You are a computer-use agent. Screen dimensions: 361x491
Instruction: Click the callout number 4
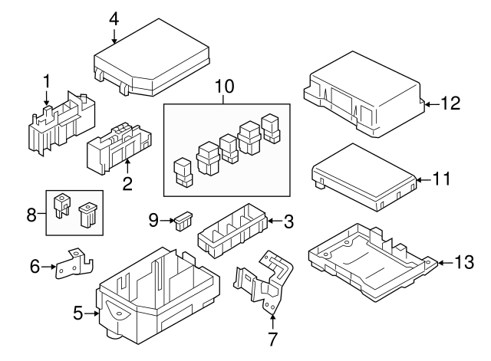(114, 16)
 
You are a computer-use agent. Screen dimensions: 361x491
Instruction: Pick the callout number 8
(32, 212)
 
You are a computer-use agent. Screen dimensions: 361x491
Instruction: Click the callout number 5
(77, 313)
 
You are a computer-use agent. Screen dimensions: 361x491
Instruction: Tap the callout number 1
(46, 80)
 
